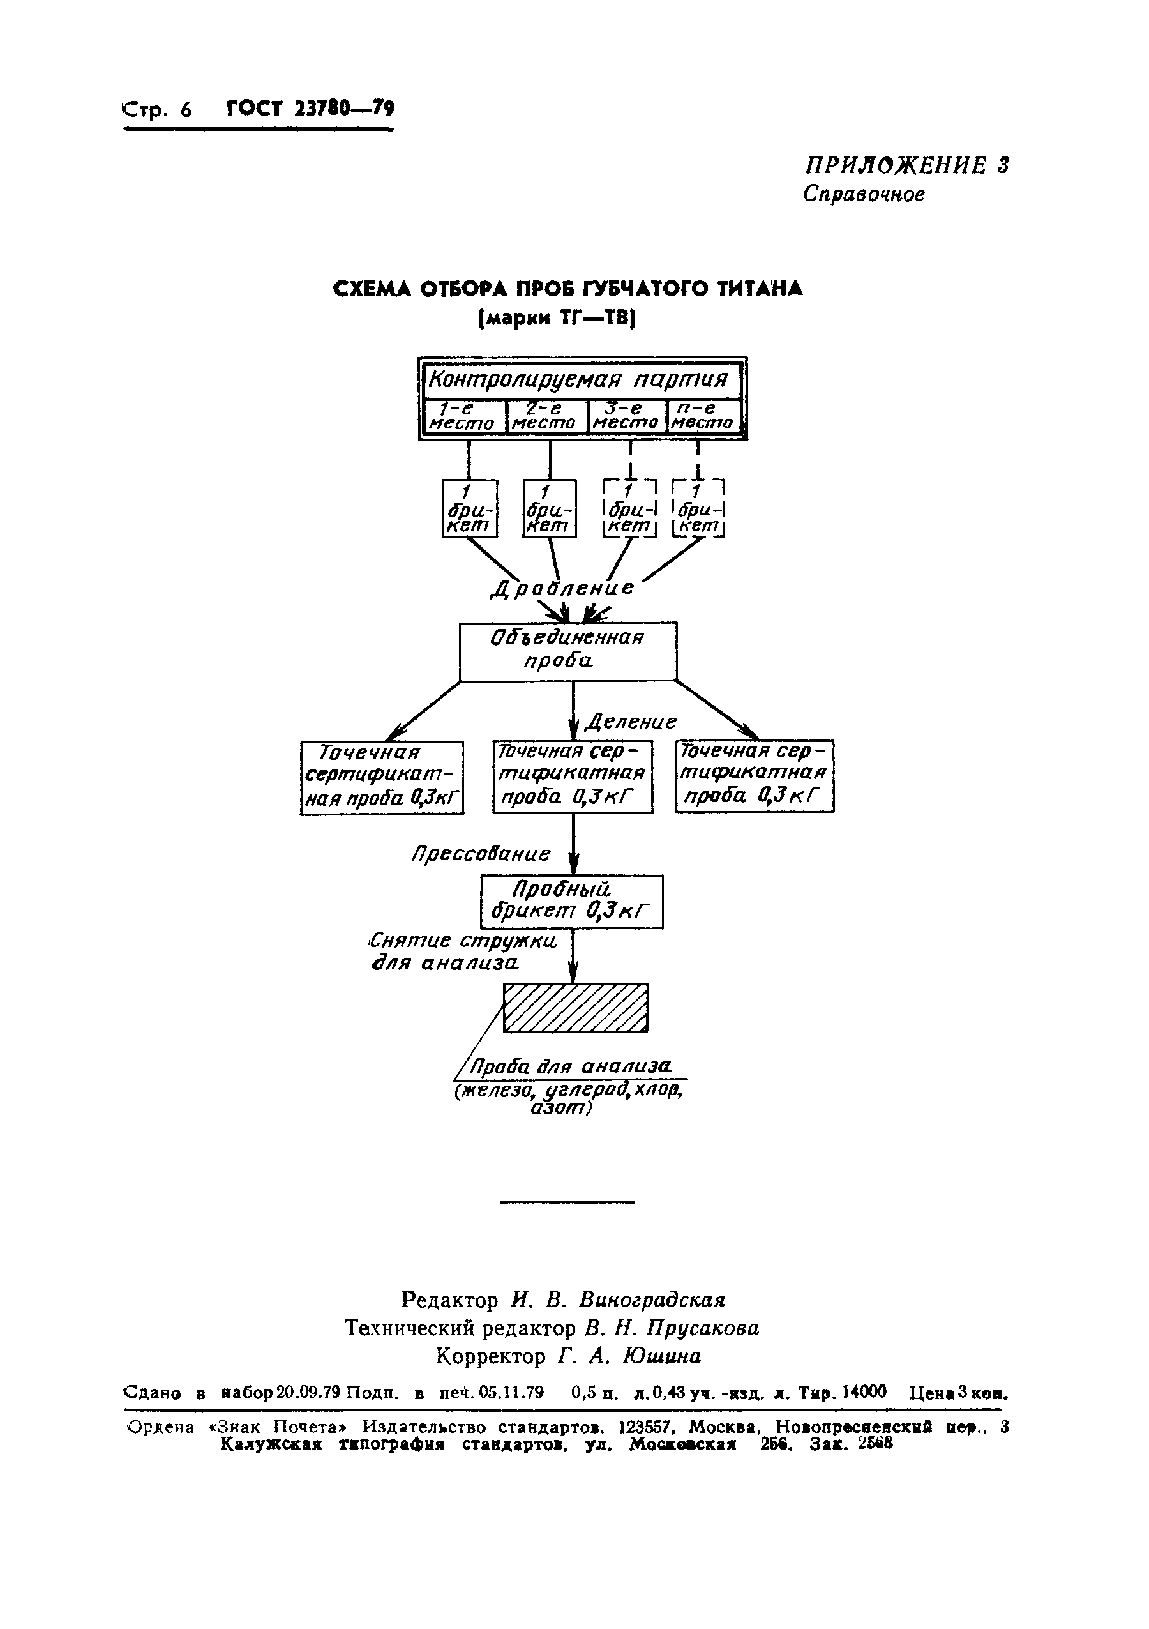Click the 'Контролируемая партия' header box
(x=581, y=381)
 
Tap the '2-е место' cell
(x=546, y=416)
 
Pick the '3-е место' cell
(x=626, y=416)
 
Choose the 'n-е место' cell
(x=703, y=416)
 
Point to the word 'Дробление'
(x=564, y=588)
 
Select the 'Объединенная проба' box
(x=567, y=651)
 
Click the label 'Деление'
(x=631, y=722)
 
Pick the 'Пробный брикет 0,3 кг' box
(x=572, y=902)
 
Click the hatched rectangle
(x=575, y=1008)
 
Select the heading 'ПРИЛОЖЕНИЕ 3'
(x=906, y=165)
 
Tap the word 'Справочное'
(x=864, y=193)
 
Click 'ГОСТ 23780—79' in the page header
(x=310, y=109)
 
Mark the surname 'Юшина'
(x=662, y=1356)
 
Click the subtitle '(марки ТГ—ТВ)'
(x=557, y=319)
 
